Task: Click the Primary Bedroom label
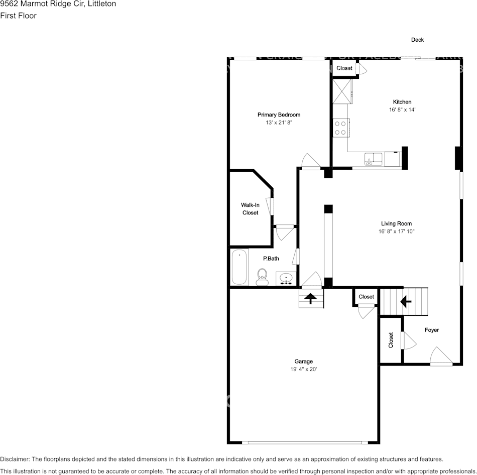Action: click(x=279, y=115)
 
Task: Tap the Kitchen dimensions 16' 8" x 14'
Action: click(x=402, y=109)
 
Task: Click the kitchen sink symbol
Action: click(x=373, y=159)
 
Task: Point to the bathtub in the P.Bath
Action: click(x=239, y=267)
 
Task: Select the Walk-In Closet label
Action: click(x=250, y=208)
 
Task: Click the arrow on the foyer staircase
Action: click(x=405, y=301)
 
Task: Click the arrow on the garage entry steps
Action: click(x=310, y=299)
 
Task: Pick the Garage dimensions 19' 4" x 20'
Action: click(x=303, y=369)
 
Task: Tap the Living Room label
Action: click(x=396, y=224)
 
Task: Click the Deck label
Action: click(x=418, y=40)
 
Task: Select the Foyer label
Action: click(x=432, y=330)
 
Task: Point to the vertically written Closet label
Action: click(x=391, y=340)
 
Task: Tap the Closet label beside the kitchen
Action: click(x=344, y=68)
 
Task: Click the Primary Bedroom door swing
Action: click(x=310, y=162)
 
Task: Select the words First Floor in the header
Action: click(x=19, y=16)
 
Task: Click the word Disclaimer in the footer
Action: click(x=15, y=459)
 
